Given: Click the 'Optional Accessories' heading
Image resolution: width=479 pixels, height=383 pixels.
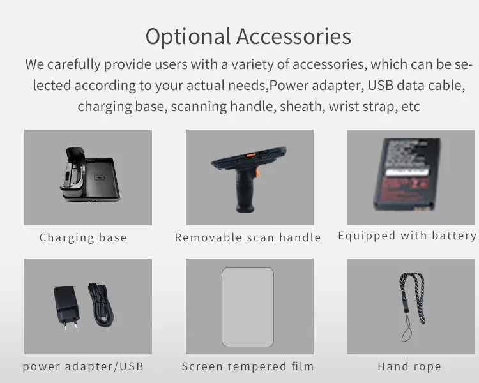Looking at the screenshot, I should point(248,36).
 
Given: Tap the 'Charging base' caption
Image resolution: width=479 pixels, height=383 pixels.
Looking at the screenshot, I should point(83,237).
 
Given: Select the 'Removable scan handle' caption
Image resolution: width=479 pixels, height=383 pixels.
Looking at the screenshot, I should point(248,237).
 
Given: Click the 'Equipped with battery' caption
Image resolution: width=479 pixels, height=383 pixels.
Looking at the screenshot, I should point(407,236).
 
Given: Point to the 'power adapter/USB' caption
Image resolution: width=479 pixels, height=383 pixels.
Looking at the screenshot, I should point(83,366).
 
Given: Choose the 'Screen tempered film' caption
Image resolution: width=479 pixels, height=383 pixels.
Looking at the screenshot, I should point(248,366).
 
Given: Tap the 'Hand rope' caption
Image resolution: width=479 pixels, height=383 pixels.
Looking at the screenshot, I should point(409,366).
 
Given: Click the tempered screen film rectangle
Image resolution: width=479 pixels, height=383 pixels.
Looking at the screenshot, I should point(248,307).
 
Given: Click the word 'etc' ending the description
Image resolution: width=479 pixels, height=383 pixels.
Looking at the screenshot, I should point(409,106).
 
